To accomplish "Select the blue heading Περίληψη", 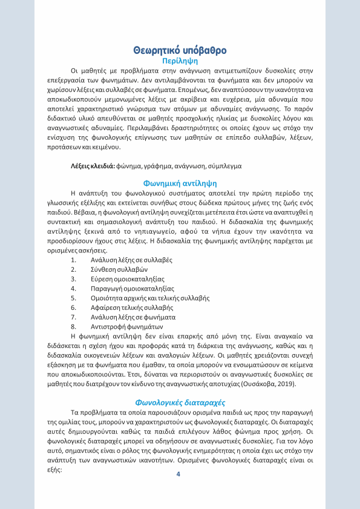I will [x=180, y=61].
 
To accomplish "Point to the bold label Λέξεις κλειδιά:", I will [x=93, y=165].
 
